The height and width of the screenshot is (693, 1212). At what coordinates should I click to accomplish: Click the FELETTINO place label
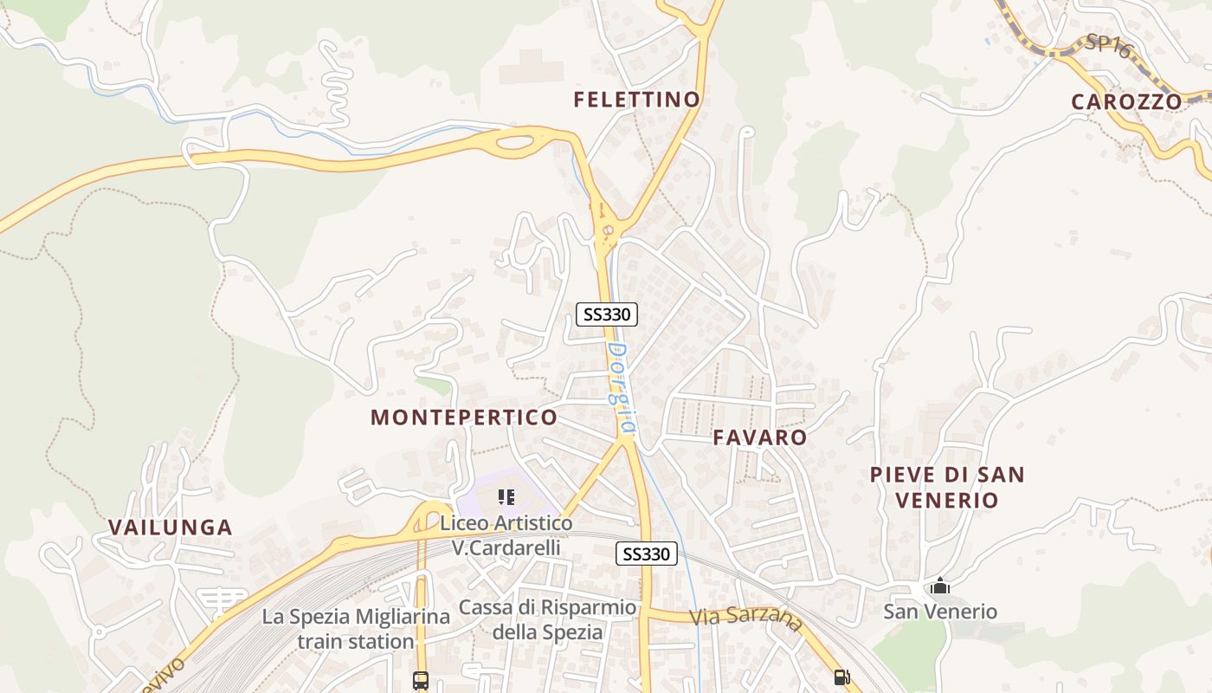636,100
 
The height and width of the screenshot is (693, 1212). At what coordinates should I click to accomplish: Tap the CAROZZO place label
1125,101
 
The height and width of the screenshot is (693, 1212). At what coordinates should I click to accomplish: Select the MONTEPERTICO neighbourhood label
464,418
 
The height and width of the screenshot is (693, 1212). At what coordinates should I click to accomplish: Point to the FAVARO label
760,437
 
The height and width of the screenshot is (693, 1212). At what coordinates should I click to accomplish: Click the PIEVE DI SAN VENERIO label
946,487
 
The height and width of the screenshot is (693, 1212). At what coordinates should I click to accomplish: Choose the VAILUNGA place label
171,528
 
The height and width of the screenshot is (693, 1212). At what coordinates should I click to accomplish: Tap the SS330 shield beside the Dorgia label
607,314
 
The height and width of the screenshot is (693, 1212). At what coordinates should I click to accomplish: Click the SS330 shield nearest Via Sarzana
647,554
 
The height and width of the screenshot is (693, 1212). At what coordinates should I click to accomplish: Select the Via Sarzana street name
746,619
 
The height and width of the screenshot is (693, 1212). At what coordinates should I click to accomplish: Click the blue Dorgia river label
621,389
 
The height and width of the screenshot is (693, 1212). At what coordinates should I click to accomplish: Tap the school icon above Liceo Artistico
506,497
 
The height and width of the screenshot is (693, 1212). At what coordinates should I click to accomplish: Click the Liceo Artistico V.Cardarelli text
506,535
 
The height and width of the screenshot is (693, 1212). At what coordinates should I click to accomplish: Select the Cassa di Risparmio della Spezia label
547,619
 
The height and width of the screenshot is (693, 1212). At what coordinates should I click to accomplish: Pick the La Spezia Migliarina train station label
356,629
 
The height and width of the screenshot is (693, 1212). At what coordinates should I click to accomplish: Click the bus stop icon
421,680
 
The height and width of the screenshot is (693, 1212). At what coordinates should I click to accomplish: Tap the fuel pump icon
841,677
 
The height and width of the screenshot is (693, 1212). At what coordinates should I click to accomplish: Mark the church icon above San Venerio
939,587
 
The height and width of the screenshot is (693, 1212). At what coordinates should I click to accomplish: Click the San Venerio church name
939,612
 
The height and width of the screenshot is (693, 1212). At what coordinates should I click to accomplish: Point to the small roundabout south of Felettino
609,230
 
